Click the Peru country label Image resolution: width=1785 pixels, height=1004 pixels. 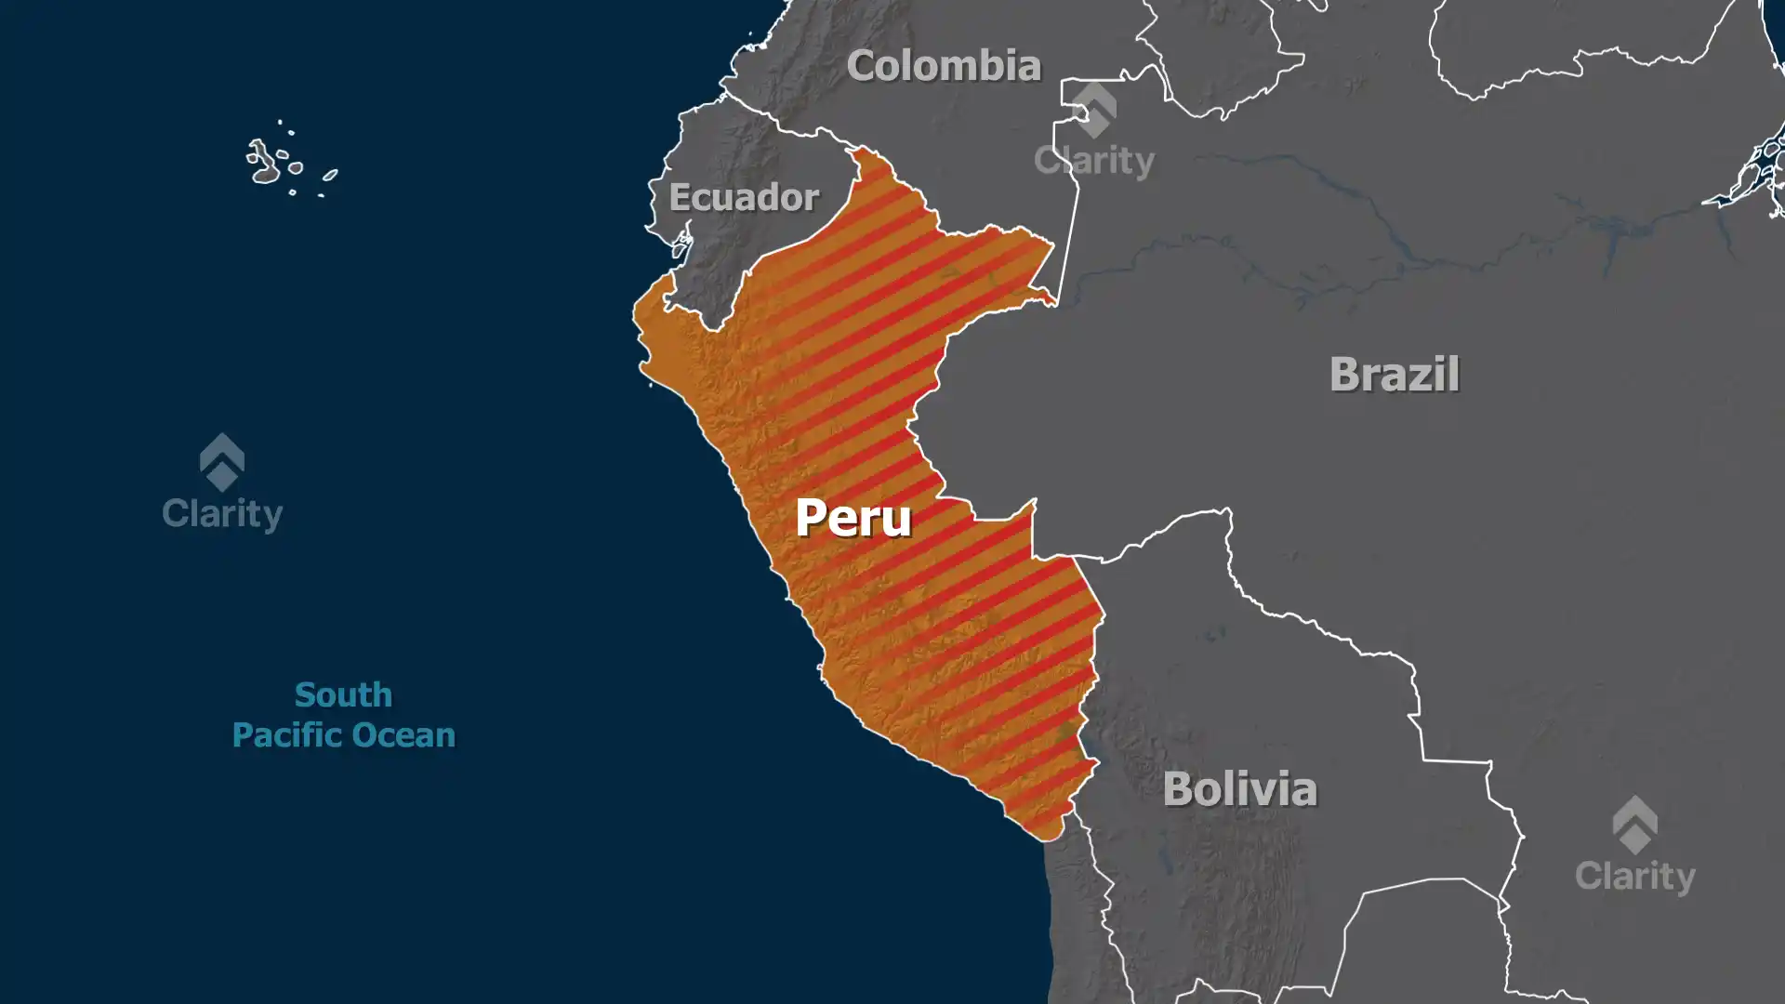[x=853, y=517]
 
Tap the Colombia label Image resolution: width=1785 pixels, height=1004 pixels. [x=943, y=66]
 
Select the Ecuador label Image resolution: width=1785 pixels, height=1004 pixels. [x=744, y=197]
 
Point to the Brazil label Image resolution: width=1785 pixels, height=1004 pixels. [x=1394, y=375]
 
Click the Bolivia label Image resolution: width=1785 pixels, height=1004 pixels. [x=1239, y=789]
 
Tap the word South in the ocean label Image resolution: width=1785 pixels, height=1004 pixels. [x=343, y=694]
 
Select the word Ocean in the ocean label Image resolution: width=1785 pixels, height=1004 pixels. [x=404, y=735]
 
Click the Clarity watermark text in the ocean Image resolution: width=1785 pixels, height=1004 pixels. [x=222, y=514]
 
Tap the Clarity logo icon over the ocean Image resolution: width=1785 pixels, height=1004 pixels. [x=222, y=462]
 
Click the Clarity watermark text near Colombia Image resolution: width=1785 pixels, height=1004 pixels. [x=1094, y=161]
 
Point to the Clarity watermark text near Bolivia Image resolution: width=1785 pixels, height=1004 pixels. [x=1634, y=877]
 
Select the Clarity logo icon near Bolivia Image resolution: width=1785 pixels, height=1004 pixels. [x=1634, y=825]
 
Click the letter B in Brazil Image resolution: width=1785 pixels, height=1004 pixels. [x=1345, y=375]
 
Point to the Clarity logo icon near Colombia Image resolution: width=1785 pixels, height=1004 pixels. [x=1094, y=110]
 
